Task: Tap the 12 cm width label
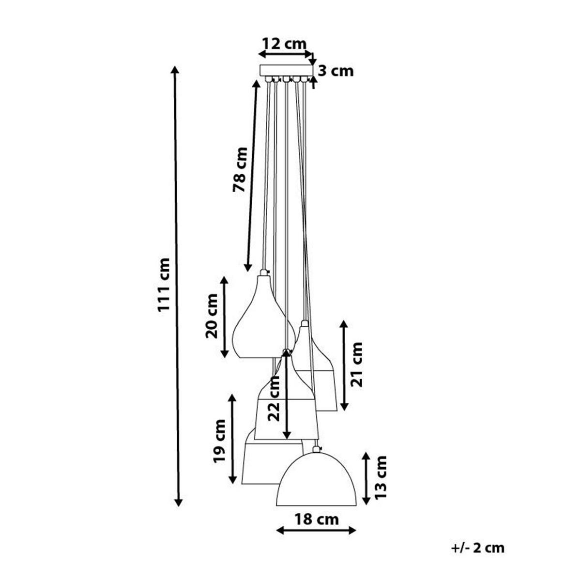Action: click(284, 44)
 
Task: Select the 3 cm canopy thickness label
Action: click(336, 72)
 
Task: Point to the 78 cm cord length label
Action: click(240, 169)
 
